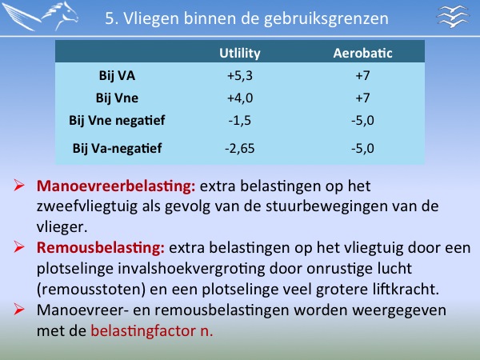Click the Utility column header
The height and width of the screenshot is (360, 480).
coord(240,54)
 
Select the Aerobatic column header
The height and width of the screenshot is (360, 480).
coord(362,53)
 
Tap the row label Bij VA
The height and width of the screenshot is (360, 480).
coord(117,76)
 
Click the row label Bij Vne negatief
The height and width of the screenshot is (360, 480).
coord(117,120)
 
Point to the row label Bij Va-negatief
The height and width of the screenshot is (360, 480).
coord(117,149)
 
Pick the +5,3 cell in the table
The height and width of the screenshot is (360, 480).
coord(240,76)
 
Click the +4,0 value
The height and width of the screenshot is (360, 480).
coord(240,98)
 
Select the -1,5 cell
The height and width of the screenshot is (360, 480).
coord(240,120)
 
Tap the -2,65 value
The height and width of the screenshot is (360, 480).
coord(240,149)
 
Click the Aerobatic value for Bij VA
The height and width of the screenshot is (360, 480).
coord(362,76)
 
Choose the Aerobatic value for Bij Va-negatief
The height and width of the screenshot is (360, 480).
coord(362,149)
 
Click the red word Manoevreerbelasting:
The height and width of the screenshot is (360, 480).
coord(116,186)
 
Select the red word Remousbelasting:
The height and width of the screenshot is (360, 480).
coord(101,248)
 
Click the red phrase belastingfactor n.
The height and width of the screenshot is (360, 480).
coord(152,331)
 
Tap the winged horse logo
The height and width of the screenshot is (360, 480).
coord(40,16)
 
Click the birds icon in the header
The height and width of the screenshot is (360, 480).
coord(453,17)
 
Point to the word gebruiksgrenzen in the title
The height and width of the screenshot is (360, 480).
coord(326,19)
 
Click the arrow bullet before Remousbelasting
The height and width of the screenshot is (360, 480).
coord(19,247)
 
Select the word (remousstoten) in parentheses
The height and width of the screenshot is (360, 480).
coord(91,290)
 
